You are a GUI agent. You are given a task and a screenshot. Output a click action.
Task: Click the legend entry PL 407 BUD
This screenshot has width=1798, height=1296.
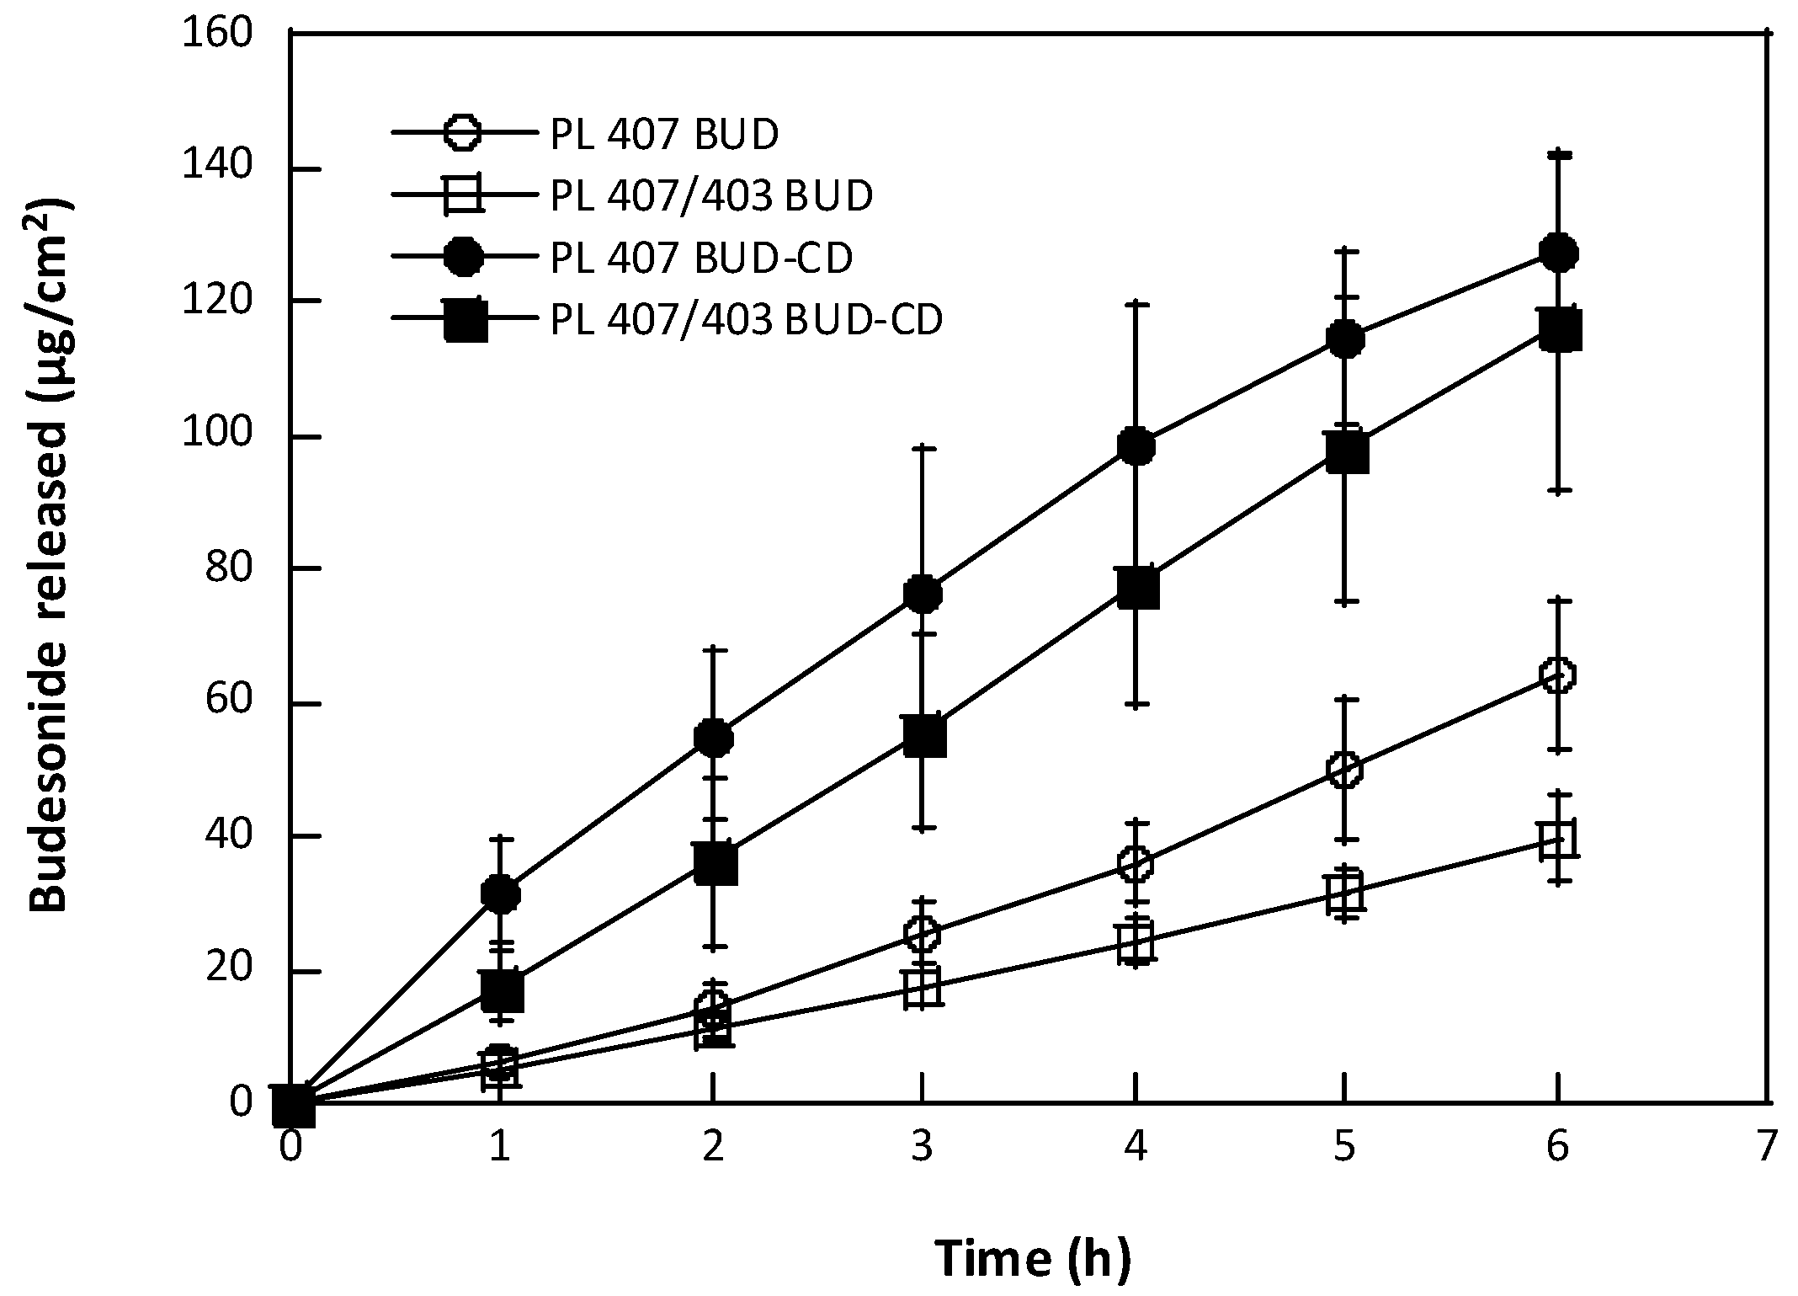[x=664, y=135]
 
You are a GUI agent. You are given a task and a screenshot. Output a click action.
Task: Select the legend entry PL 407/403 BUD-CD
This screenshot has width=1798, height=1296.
[x=746, y=321]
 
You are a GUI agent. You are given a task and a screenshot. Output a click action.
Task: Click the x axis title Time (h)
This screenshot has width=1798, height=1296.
[x=1033, y=1260]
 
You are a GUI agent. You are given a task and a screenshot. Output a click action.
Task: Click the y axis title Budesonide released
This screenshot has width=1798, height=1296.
[x=51, y=556]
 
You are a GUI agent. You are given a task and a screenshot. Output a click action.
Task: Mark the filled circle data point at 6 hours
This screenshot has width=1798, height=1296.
[x=1557, y=253]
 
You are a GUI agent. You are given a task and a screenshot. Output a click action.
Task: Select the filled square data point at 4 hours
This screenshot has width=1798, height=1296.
[x=1136, y=588]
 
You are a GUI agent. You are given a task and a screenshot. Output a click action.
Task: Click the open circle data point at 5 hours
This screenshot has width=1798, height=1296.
[x=1345, y=770]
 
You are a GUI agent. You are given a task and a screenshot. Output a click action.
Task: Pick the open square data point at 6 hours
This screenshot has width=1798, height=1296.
[x=1557, y=840]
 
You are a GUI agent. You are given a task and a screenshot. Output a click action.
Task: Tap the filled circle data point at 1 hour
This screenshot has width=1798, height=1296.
[x=500, y=893]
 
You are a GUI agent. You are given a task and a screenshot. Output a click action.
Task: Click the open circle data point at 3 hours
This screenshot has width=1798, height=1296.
[x=923, y=933]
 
